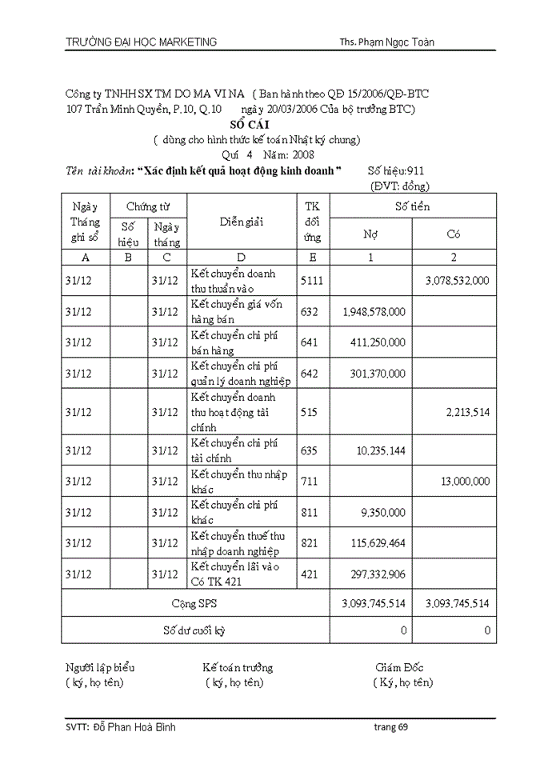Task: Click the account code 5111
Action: point(312,281)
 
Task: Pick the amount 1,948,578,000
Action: point(373,311)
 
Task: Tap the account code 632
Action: point(309,311)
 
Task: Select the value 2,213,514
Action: point(468,412)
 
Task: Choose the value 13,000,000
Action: point(465,482)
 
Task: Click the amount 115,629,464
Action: point(378,544)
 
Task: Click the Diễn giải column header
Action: point(242,222)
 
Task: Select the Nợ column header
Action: point(371,235)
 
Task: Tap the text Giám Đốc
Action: point(399,667)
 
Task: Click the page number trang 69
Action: point(391,727)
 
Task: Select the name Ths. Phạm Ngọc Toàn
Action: point(386,42)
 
